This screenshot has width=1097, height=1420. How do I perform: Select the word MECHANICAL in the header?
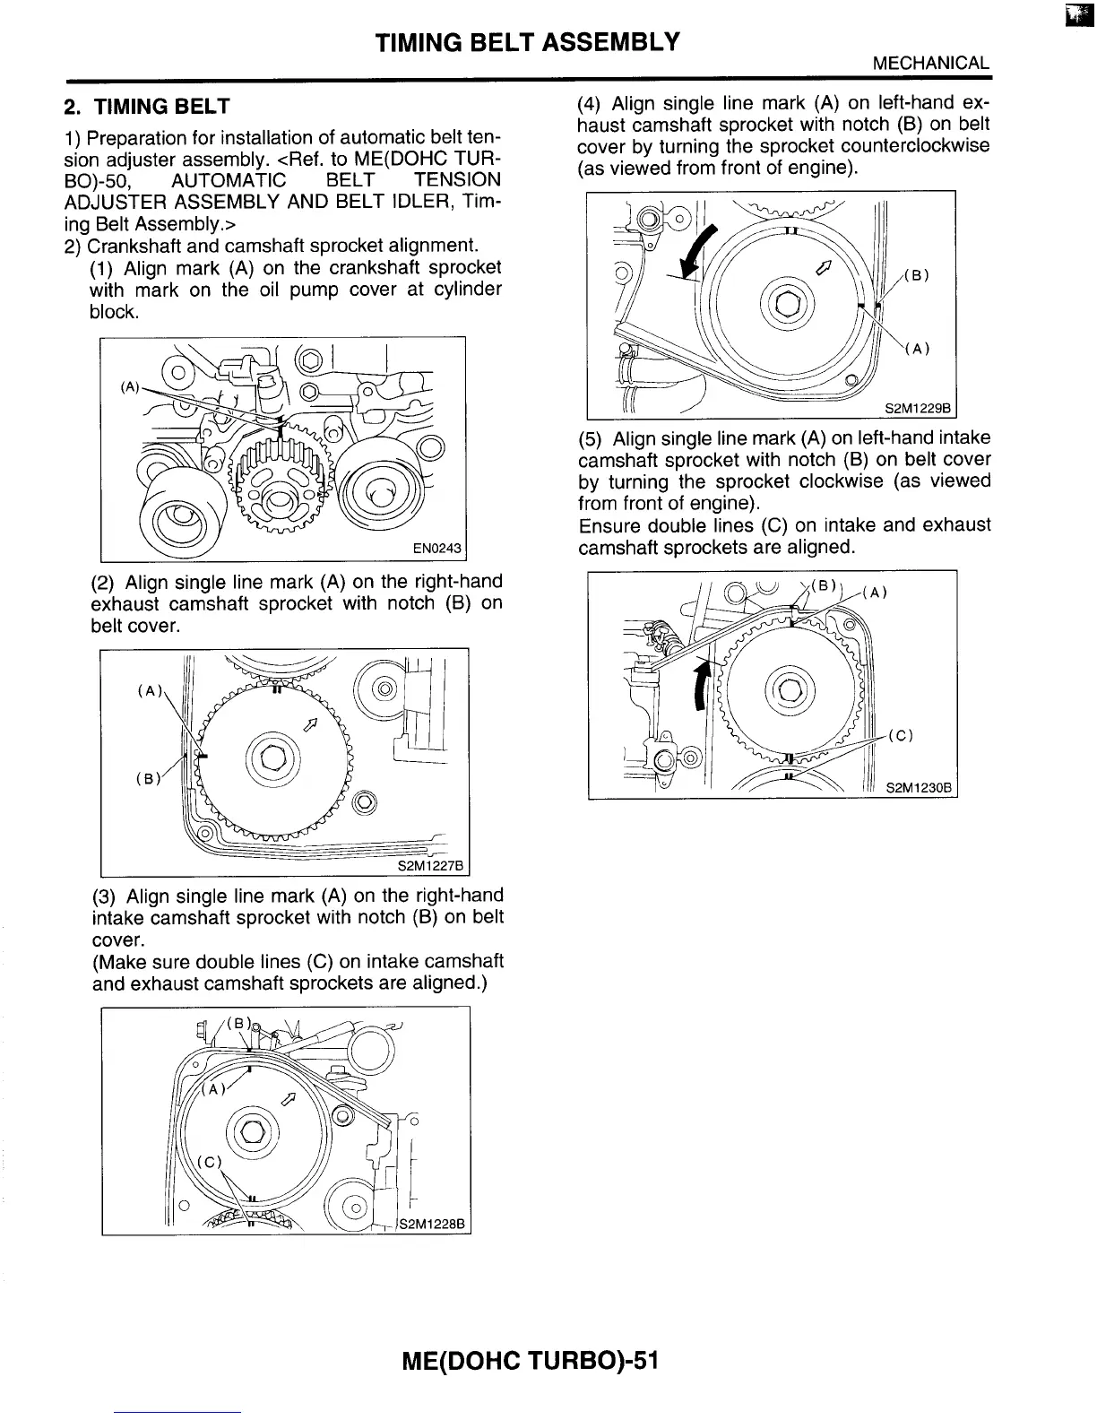931,64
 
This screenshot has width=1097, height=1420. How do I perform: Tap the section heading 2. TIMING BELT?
148,107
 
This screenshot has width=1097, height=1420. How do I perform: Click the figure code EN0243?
436,547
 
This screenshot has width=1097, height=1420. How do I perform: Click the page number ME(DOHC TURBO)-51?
531,1361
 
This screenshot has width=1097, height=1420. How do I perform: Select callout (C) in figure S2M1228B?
209,1161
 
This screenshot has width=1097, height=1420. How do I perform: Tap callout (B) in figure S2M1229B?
914,275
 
